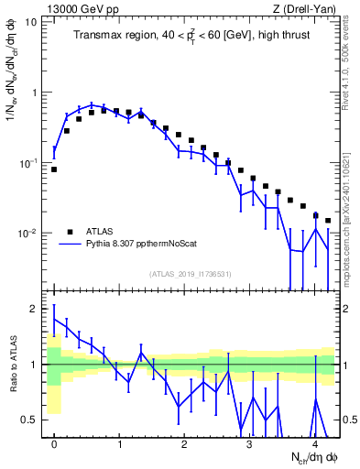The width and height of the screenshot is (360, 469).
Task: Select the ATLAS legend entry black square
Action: pyautogui.click(x=70, y=232)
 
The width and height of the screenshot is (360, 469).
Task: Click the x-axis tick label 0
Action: pyautogui.click(x=54, y=442)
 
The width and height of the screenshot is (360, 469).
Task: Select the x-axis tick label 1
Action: pyautogui.click(x=119, y=442)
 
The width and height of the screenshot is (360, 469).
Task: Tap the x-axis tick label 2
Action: pyautogui.click(x=184, y=442)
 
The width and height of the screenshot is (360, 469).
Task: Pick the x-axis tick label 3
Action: pyautogui.click(x=249, y=442)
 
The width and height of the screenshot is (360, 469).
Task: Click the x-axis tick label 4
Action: pyautogui.click(x=314, y=442)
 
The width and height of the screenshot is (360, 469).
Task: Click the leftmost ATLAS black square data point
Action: pyautogui.click(x=54, y=169)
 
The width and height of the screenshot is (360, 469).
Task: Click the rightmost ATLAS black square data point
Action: pyautogui.click(x=328, y=221)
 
